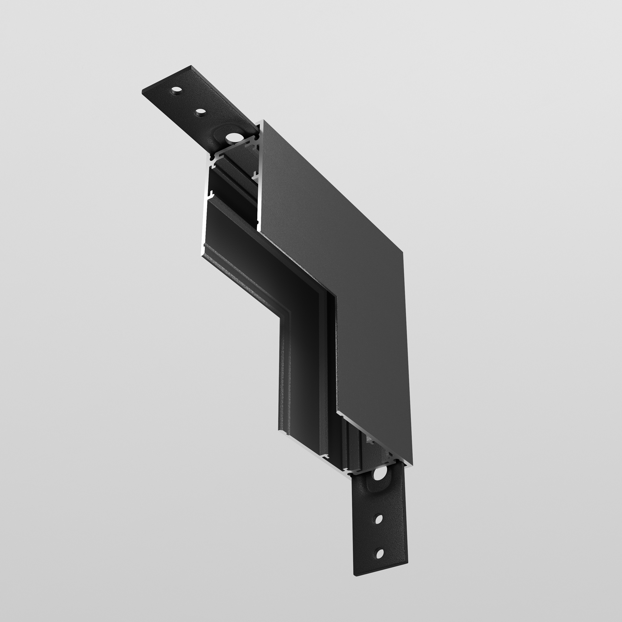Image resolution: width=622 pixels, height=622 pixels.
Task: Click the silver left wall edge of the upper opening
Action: tap(205, 206)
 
